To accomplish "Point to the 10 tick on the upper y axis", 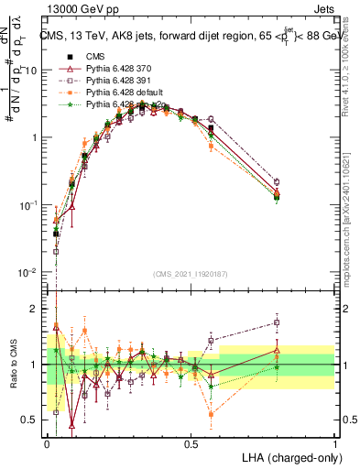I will (34, 70).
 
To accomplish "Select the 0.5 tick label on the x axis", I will (191, 443).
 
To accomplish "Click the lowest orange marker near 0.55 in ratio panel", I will (213, 414).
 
